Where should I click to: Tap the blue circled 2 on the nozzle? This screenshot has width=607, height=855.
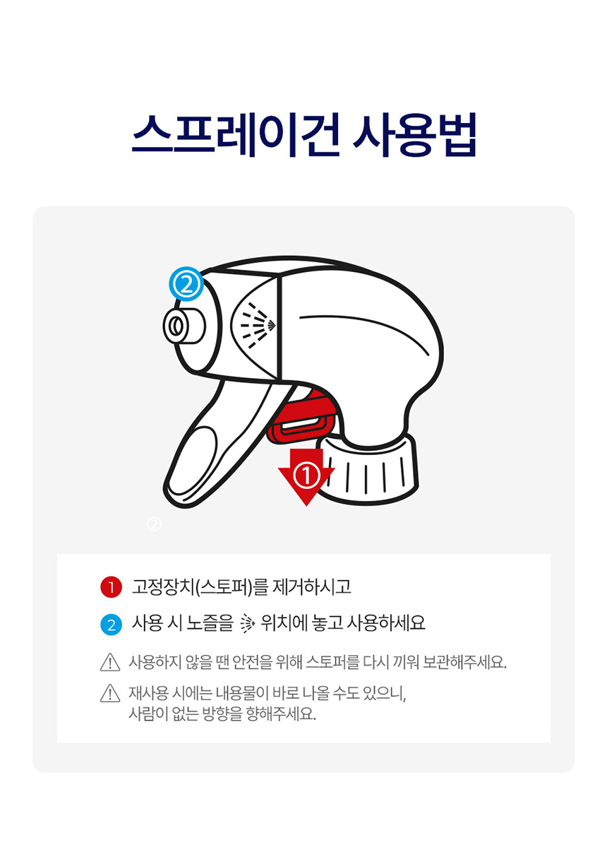tap(186, 284)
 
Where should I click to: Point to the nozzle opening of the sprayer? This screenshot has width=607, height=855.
tap(176, 326)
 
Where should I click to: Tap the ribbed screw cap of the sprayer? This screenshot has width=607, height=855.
tap(371, 470)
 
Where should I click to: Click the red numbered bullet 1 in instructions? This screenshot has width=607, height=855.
tap(111, 587)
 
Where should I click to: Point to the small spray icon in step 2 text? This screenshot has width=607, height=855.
tap(246, 624)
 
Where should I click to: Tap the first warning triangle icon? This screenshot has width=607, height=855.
tap(110, 663)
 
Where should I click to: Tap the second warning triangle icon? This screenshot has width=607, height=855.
tap(110, 694)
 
